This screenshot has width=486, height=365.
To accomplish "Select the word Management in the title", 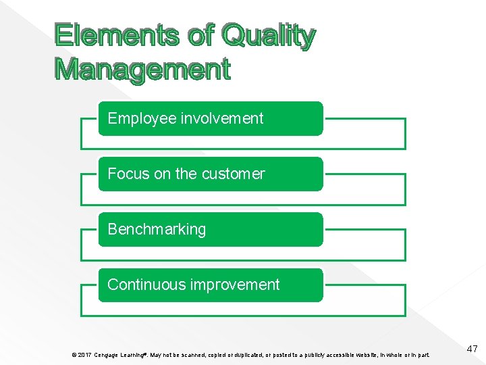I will (142, 69).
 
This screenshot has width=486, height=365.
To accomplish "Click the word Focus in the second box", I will (128, 174).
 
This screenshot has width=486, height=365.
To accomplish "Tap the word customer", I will (233, 174).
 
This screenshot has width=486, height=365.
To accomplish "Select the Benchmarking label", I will (157, 229).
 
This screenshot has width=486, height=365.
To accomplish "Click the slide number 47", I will (471, 349).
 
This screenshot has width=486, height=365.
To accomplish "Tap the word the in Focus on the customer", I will (186, 174).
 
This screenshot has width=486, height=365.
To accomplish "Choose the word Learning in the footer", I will (133, 355).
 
